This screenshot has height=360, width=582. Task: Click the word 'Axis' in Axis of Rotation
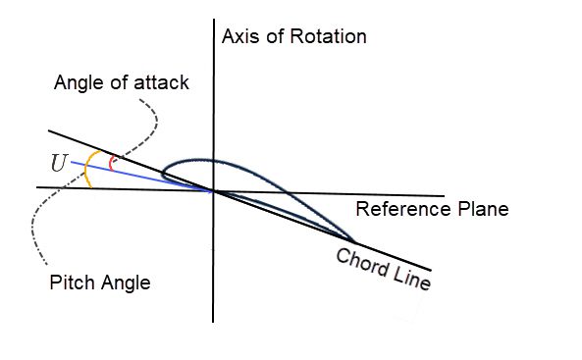(238, 37)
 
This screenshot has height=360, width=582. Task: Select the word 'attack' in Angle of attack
(163, 83)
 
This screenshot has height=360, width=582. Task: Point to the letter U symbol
(60, 164)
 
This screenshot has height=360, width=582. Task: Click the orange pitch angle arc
(86, 169)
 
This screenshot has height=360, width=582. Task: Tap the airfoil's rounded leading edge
(165, 170)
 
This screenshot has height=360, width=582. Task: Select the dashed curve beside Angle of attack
(154, 123)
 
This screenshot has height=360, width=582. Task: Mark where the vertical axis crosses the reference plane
(214, 188)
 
